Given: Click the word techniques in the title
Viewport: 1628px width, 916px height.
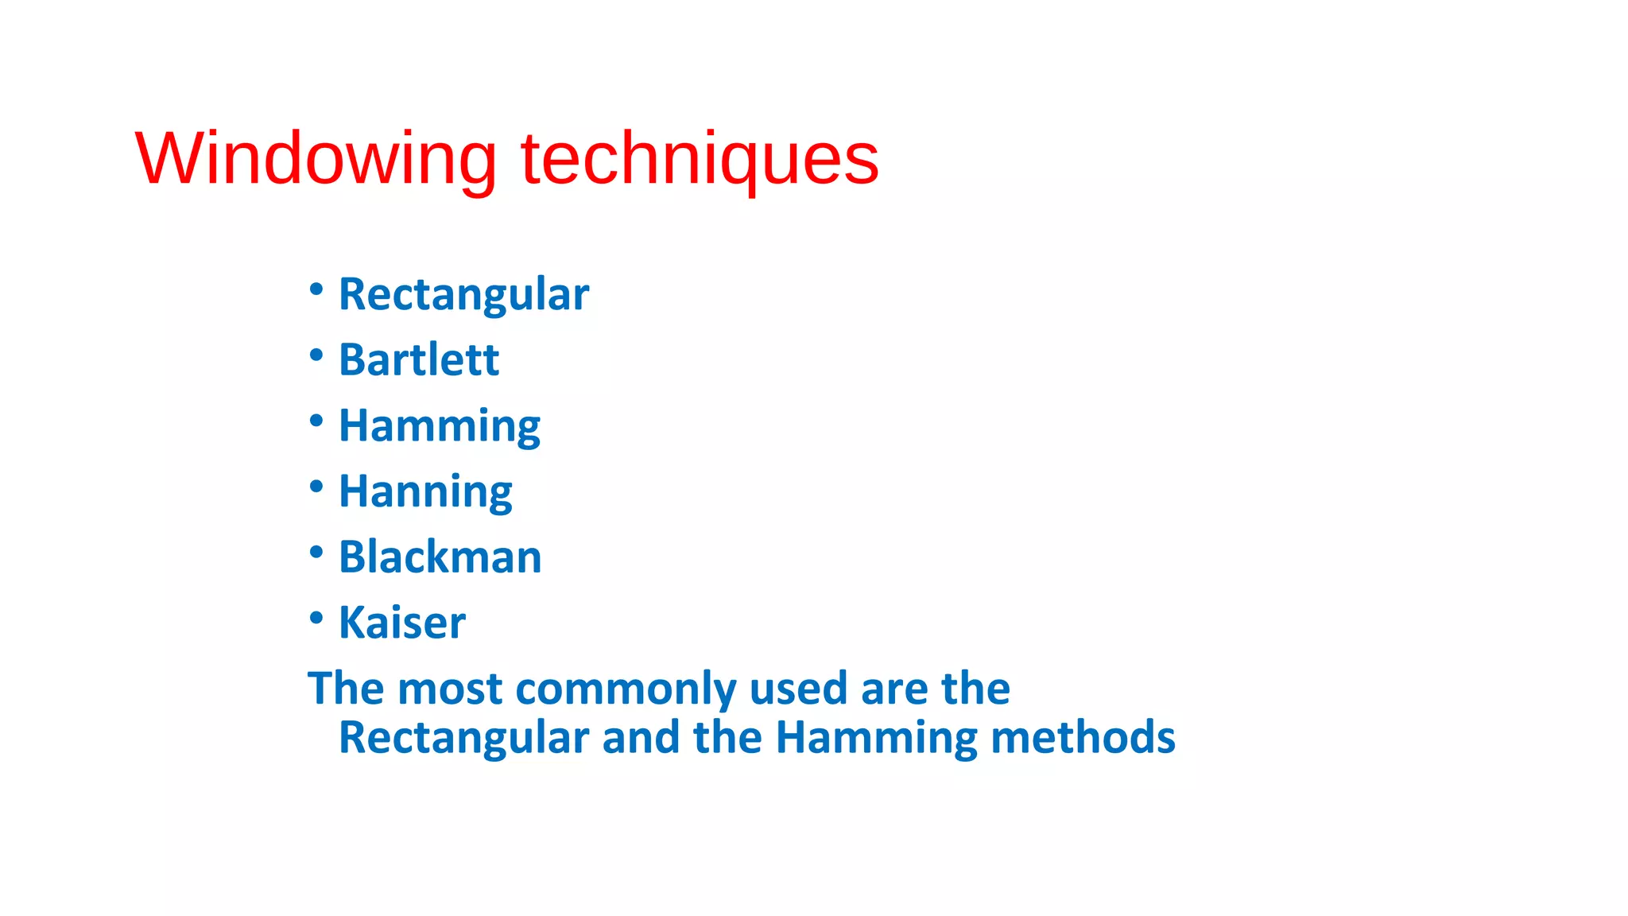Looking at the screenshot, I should [700, 159].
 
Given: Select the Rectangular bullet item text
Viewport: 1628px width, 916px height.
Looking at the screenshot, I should [463, 294].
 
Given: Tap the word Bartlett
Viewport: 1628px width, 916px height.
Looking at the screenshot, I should [419, 359].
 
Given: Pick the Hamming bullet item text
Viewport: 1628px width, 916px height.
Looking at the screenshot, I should [440, 425].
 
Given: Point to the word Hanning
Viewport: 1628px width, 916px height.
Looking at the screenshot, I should [425, 491].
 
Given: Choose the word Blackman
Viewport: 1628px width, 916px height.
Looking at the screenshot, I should [440, 557].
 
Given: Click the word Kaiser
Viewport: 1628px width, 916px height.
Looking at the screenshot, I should [402, 623].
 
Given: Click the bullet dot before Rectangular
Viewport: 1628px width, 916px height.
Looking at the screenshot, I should [316, 289].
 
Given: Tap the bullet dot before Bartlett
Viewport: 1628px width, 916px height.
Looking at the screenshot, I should [316, 355].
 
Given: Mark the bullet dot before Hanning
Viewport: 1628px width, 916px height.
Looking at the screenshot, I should [316, 486].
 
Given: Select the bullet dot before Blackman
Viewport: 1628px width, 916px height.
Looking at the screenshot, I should [316, 552].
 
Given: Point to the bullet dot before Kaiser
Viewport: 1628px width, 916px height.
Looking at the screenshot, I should [316, 617].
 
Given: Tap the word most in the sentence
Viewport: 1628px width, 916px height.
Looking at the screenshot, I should [450, 689].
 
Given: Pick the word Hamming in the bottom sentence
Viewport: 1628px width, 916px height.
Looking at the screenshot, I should [876, 738].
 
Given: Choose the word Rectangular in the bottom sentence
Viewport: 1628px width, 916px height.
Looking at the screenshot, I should [463, 738].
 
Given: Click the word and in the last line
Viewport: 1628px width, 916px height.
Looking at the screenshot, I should [641, 738].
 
